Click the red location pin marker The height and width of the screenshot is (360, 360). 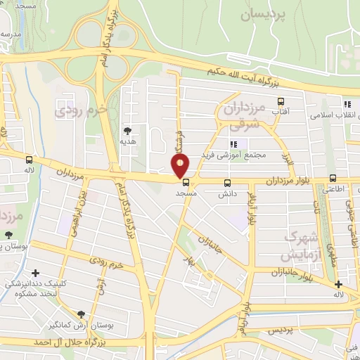pos(181,166)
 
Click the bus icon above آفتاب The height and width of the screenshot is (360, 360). pos(281,101)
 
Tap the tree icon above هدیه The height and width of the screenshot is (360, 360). pos(127,131)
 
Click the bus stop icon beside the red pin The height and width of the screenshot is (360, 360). pos(186,181)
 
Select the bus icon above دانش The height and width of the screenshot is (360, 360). pos(227,183)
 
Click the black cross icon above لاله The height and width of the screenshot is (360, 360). pos(339,285)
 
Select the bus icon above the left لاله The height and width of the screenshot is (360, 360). pos(29,160)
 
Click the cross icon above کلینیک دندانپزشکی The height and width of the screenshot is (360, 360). pos(35,272)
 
